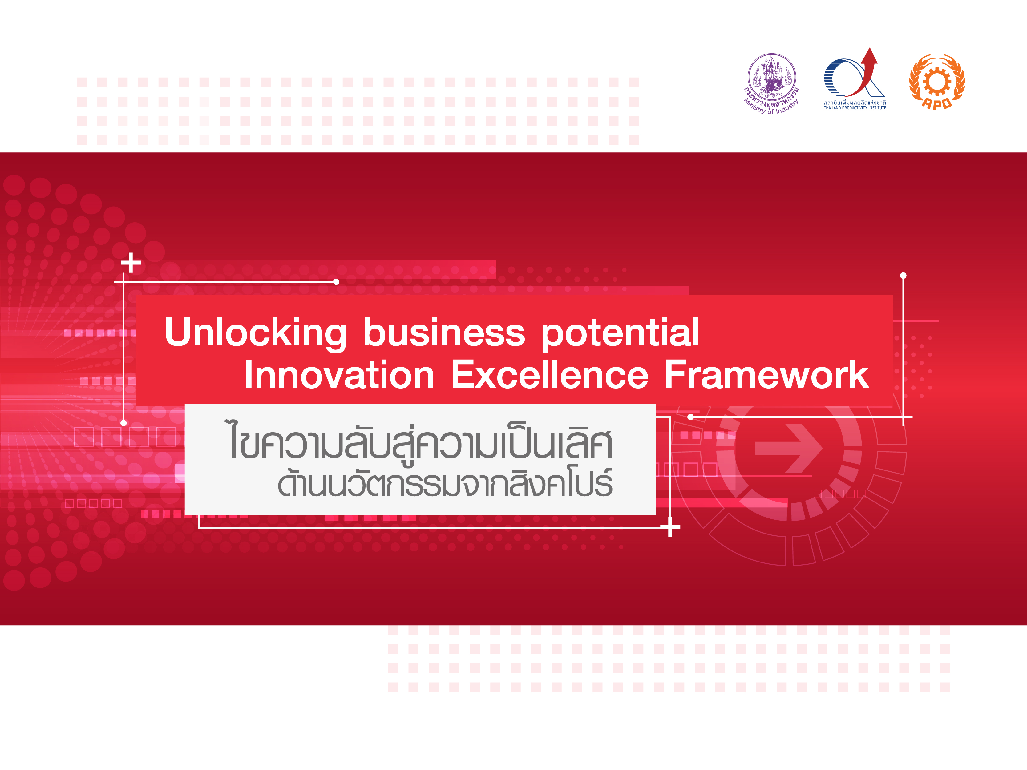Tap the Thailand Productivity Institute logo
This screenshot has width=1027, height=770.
855,79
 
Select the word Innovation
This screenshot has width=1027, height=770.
339,375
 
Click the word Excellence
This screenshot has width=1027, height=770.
550,375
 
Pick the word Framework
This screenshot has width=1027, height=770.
766,375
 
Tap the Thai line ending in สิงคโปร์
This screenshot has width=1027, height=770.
445,483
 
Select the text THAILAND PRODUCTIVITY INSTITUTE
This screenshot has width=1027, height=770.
855,108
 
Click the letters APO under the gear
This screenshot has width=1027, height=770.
937,103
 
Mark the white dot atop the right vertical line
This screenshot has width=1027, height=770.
903,276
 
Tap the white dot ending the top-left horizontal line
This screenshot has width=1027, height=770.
336,282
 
